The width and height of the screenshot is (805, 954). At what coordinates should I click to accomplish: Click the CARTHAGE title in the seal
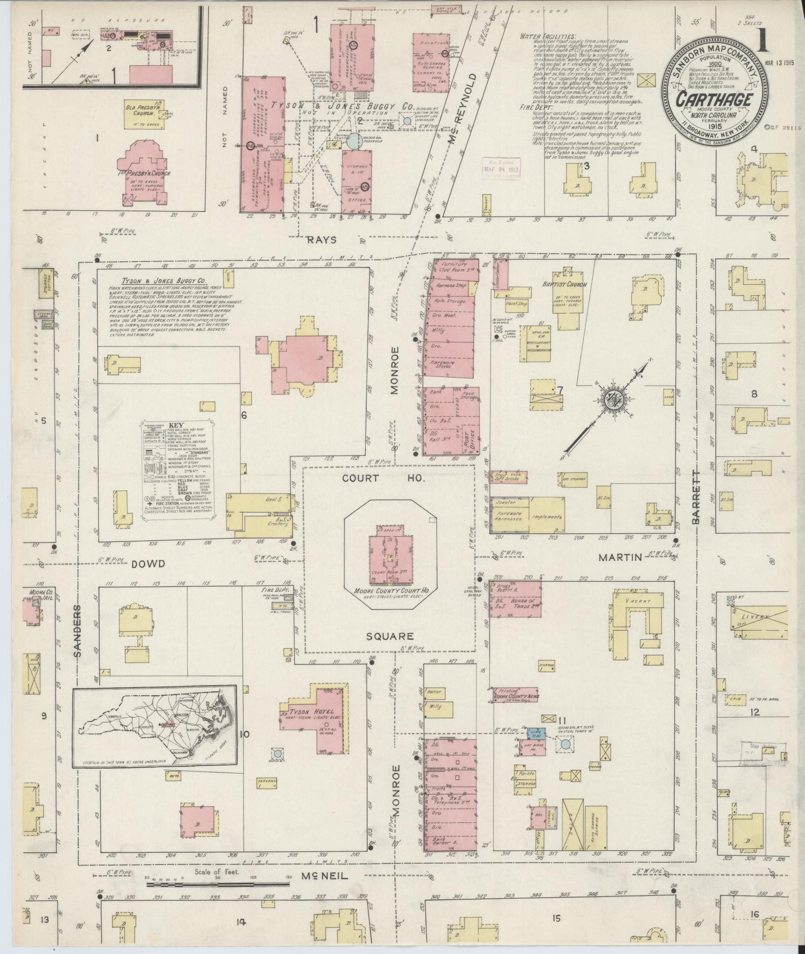pos(714,100)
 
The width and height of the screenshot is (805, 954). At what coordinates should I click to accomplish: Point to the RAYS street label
pos(322,240)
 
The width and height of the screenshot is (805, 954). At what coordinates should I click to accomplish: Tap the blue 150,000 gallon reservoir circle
pos(354,141)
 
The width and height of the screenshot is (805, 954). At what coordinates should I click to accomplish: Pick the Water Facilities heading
pos(547,36)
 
